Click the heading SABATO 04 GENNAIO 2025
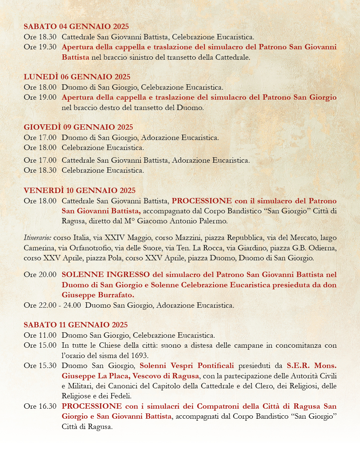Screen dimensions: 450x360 [x=76, y=27]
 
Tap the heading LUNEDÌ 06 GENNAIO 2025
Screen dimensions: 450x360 [x=77, y=77]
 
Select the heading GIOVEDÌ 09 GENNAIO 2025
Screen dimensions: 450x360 [x=78, y=127]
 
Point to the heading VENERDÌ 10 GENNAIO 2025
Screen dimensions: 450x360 [x=80, y=191]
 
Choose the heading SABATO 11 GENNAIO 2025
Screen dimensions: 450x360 [x=76, y=325]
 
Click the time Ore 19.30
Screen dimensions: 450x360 [x=40, y=47]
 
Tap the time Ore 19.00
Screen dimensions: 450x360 [x=40, y=97]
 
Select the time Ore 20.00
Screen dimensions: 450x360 [x=40, y=275]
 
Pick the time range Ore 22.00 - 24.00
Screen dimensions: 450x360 [x=52, y=305]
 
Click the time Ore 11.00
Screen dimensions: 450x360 [x=40, y=335]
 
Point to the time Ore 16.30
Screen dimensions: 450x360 [x=40, y=406]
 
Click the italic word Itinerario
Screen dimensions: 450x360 [x=37, y=238]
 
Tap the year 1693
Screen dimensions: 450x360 [x=140, y=356]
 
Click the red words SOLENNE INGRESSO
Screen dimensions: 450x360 [x=106, y=275]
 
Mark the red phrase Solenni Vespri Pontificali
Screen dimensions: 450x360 [x=187, y=366]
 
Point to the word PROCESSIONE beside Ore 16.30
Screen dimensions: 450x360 [x=92, y=406]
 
